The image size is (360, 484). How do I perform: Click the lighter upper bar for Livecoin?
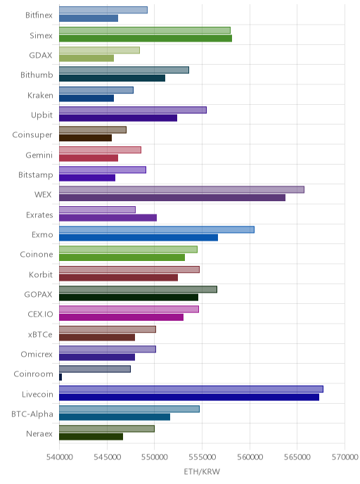coord(191,389)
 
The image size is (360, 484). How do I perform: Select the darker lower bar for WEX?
coord(172,198)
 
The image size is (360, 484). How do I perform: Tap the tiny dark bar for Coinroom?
coord(60,377)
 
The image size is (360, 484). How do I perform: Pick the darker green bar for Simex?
coord(146,38)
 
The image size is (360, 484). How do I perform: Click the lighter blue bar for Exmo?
coord(157,229)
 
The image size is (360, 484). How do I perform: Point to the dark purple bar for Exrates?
coord(108,217)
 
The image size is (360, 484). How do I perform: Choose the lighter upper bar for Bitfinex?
coord(103,10)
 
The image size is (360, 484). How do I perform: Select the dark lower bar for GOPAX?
coord(129,298)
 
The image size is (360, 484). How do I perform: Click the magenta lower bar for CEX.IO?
coord(121,317)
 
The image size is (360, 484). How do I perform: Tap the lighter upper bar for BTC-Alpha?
coord(129,409)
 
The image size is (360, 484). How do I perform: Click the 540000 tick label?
coord(60,457)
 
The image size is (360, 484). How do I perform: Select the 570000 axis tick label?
coord(345,457)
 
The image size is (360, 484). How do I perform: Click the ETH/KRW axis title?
coord(202,471)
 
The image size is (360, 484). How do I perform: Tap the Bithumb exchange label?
coord(37,75)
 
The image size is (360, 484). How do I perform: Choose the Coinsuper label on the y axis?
coord(32,135)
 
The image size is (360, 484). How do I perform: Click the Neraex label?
coord(39,433)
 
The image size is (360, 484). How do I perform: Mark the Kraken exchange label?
coord(40,95)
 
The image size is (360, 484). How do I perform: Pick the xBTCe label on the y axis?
coord(40,334)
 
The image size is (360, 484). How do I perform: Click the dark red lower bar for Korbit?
coord(118,277)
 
